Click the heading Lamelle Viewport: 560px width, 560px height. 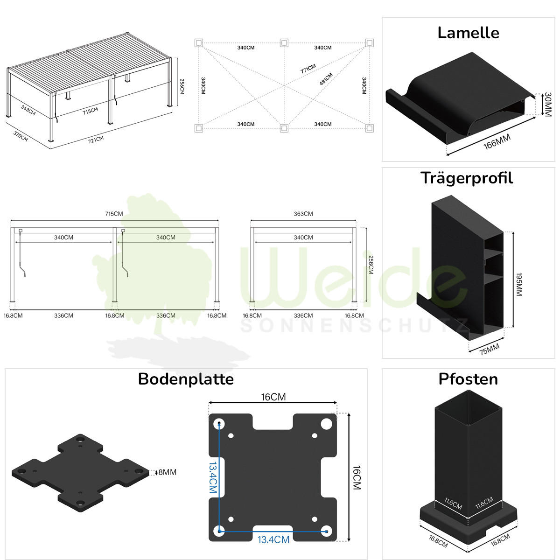(x=468, y=33)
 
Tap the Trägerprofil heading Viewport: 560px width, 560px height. (x=467, y=178)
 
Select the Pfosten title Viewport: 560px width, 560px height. (x=468, y=379)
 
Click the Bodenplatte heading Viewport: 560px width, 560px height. (x=186, y=379)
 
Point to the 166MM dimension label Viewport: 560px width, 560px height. (x=497, y=141)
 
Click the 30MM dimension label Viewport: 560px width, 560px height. (x=547, y=104)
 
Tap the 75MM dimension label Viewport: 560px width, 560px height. (x=489, y=349)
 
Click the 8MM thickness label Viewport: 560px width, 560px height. (x=167, y=472)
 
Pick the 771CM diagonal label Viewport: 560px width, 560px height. (x=308, y=69)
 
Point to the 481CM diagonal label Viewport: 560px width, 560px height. (x=326, y=79)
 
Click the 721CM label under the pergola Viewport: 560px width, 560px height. (x=96, y=139)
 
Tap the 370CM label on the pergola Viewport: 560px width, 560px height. (x=21, y=136)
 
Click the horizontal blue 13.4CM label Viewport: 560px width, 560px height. (x=273, y=539)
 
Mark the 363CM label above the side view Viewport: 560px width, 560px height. (x=303, y=214)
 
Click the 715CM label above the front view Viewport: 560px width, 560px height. (x=114, y=214)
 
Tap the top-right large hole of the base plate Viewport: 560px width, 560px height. (x=326, y=424)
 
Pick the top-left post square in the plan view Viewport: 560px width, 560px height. (x=199, y=43)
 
